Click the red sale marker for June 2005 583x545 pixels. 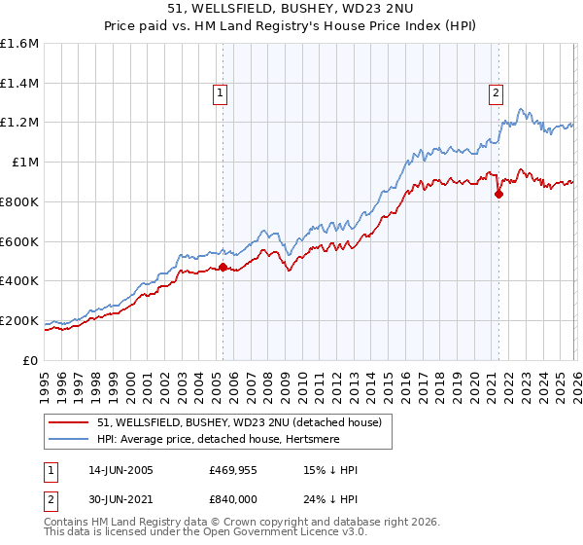(x=223, y=267)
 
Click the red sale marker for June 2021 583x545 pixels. (x=498, y=194)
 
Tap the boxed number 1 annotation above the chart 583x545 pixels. (x=222, y=93)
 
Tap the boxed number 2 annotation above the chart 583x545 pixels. (x=497, y=93)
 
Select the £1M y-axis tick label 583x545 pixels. (x=24, y=163)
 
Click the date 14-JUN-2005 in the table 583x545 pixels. (x=120, y=470)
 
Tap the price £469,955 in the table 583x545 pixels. (x=233, y=470)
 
